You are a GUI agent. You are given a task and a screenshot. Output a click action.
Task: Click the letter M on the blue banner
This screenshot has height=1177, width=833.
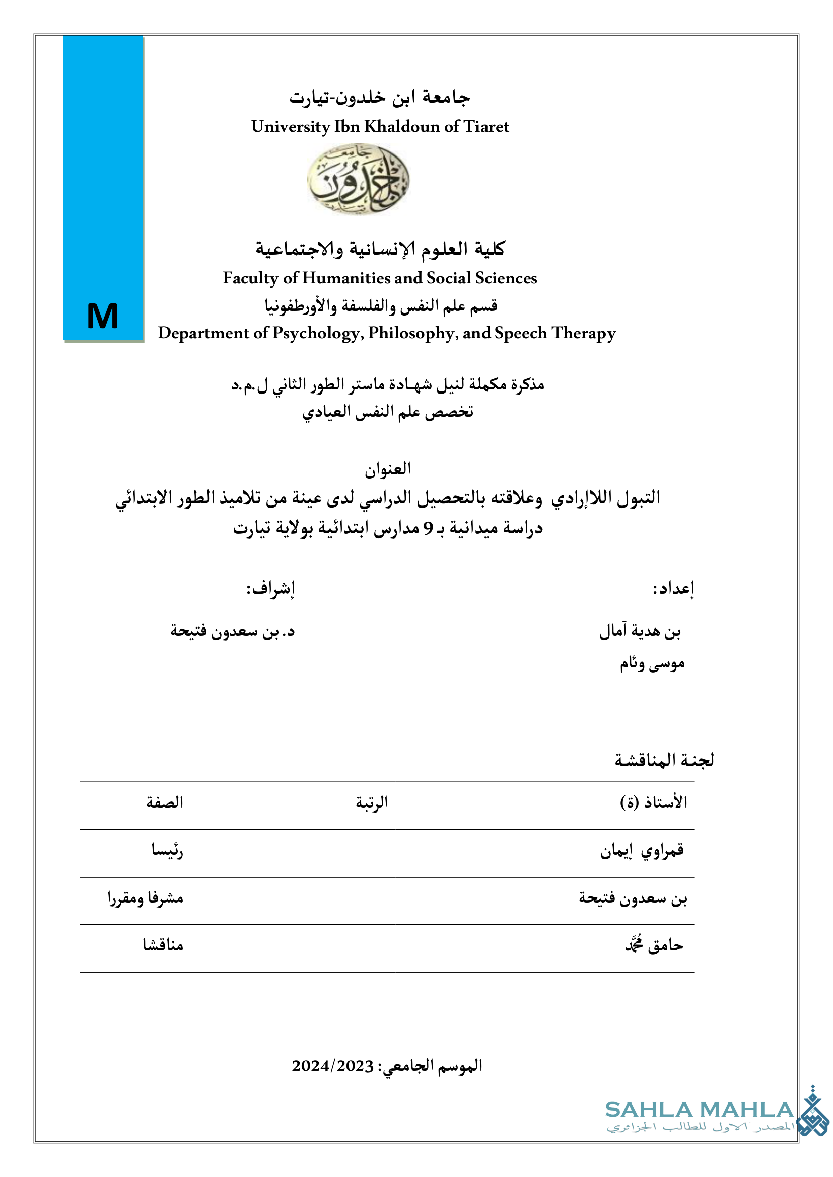(103, 316)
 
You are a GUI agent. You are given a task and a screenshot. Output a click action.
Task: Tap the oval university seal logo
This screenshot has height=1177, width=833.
(358, 179)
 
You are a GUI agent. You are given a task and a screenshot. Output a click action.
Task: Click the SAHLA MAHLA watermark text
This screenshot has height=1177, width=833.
(700, 1110)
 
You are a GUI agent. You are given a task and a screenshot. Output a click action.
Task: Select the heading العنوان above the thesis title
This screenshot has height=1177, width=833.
(388, 468)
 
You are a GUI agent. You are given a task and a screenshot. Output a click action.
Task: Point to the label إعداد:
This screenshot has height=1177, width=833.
(673, 589)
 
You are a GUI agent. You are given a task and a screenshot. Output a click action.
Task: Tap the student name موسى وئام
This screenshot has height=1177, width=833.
(652, 664)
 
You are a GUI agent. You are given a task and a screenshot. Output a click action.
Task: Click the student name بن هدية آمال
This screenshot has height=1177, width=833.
(640, 631)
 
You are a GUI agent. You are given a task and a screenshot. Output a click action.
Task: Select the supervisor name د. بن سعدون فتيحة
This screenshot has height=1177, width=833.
(232, 631)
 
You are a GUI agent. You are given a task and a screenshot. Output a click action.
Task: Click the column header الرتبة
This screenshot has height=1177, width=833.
(371, 802)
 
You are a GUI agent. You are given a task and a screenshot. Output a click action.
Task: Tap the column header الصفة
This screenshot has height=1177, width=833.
(165, 802)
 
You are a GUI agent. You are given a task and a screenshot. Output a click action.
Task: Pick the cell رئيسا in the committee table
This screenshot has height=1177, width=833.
(167, 850)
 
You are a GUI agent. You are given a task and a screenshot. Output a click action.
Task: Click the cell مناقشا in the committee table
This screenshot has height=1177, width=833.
(163, 945)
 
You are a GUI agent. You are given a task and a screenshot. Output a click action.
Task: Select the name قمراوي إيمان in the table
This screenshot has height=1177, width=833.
(642, 850)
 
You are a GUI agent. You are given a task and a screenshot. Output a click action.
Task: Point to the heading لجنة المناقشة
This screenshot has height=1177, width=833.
(664, 760)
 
